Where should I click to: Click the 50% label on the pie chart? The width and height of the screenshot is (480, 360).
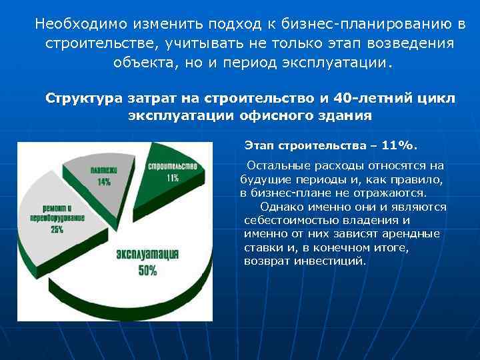coord(147,271)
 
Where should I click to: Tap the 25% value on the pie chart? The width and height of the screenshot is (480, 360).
coord(57,229)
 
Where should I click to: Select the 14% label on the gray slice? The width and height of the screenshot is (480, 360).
coord(104,181)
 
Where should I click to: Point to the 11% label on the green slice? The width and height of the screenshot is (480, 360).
coord(172,178)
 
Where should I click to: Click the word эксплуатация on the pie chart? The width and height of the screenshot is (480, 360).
coord(147,255)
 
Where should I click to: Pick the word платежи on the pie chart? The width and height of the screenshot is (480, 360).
coord(104,170)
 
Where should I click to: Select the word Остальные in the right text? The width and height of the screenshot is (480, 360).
coord(275,165)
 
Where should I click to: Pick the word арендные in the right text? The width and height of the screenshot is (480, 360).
coord(411,233)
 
